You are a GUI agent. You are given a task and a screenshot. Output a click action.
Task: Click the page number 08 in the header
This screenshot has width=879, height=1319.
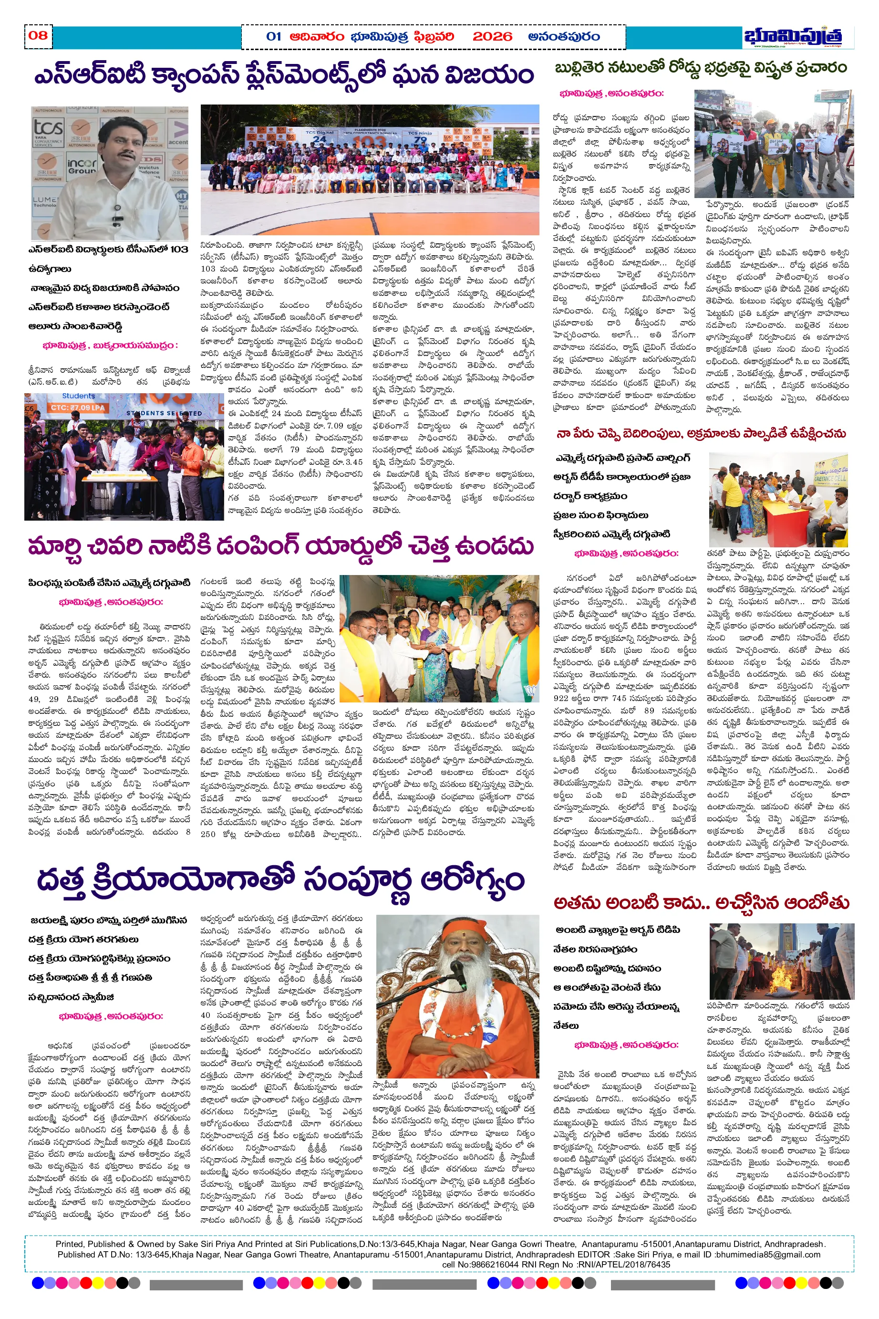point(38,35)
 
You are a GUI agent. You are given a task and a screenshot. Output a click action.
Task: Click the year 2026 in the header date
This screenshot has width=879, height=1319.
point(492,37)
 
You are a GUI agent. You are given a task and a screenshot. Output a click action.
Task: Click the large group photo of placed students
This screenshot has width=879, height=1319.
point(370,169)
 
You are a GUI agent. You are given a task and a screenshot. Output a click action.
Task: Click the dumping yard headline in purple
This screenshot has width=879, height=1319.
point(280,547)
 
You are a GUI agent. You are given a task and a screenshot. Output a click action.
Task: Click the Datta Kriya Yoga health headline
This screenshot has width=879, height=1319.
point(280,880)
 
